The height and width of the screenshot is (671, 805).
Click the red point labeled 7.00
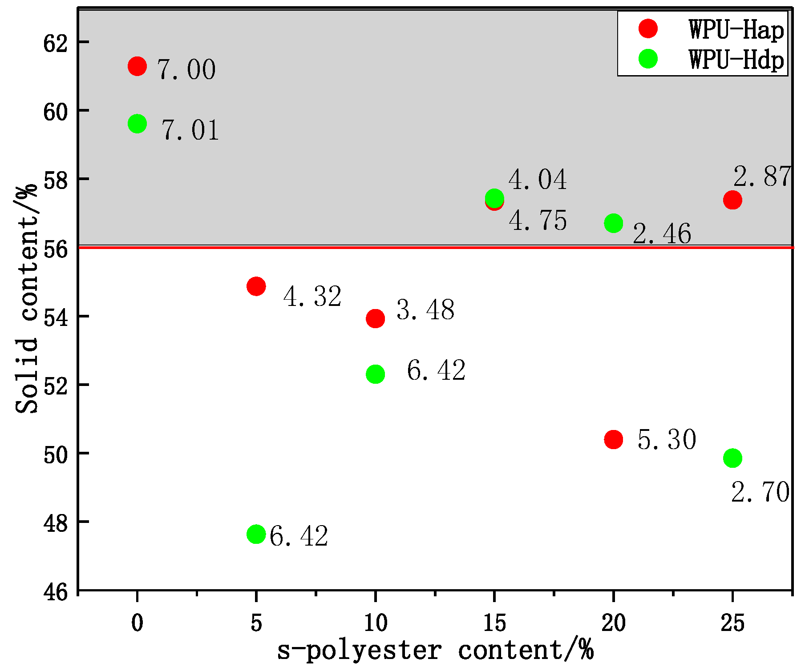[x=137, y=66]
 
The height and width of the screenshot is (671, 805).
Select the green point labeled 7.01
[x=137, y=124]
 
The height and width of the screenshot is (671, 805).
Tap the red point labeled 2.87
[x=732, y=200]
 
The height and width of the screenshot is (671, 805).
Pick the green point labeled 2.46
[x=614, y=223]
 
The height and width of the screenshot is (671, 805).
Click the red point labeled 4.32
[x=256, y=286]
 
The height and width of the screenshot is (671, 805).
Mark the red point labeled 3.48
[x=375, y=318]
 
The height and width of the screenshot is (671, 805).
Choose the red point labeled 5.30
[x=614, y=439]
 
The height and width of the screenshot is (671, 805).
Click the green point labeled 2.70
[x=732, y=458]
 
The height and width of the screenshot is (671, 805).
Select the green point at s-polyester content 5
[x=256, y=534]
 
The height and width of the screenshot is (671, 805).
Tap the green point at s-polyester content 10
[x=375, y=374]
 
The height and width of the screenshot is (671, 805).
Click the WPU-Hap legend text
[x=736, y=30]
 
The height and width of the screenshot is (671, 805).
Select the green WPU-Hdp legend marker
[x=648, y=59]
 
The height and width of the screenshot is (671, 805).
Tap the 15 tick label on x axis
[x=494, y=623]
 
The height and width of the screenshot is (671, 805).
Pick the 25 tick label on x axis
[x=732, y=623]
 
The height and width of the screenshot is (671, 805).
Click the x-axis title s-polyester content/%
[x=435, y=651]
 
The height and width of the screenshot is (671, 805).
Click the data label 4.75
[x=538, y=221]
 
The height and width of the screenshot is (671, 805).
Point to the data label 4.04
[x=538, y=180]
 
